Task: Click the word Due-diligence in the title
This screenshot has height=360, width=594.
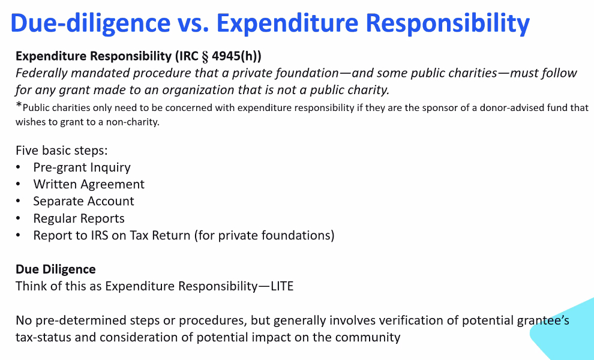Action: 91,23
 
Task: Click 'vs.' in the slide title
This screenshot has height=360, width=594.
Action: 194,23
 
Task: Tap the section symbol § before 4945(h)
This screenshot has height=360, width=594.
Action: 205,56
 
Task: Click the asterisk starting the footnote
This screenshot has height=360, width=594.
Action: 19,104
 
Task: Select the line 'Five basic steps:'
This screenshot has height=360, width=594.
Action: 62,151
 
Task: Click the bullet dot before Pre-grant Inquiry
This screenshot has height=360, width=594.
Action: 18,167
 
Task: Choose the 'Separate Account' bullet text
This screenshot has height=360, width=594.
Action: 84,201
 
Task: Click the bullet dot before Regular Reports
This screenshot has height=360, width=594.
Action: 18,218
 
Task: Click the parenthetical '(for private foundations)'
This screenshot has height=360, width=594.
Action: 265,235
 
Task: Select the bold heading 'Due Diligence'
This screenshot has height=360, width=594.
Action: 56,269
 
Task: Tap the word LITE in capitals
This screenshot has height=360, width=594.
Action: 282,286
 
